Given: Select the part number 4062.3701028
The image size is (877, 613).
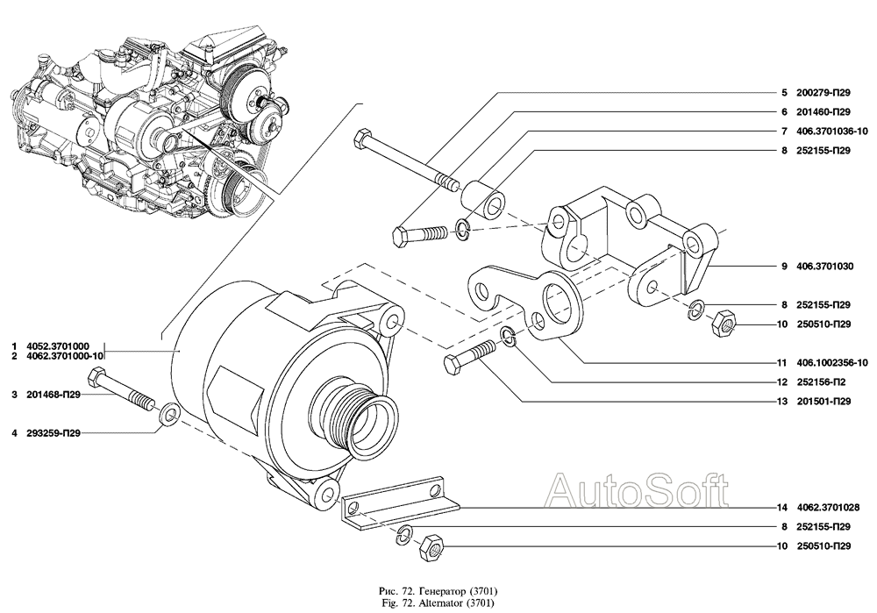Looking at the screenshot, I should coord(823,508).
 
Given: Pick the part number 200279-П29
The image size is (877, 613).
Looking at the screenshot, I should coord(823,93).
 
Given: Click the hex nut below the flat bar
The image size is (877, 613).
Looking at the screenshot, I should coord(433,547).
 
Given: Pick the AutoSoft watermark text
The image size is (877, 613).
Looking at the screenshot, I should coord(638,487).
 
